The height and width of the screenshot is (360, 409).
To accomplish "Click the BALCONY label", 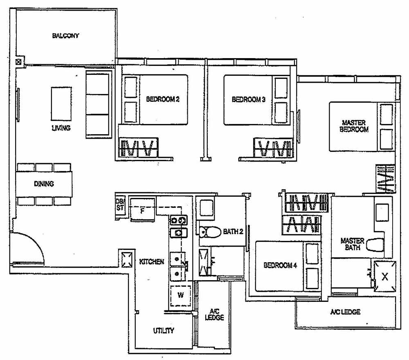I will pos(65,36).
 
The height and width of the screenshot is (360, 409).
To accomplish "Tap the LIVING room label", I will pos(61,128).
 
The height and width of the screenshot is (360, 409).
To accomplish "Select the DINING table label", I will pos(44,184).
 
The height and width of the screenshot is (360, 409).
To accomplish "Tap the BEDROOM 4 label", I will pos(280,265).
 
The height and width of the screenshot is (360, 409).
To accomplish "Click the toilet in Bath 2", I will pos(209,232).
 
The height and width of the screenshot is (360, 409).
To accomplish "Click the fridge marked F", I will pos(142,211).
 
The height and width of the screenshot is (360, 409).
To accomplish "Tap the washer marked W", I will pos(180,295).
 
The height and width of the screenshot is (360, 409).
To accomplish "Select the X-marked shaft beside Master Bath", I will pos(384,276).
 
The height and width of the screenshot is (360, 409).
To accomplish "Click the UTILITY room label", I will pos(164,331).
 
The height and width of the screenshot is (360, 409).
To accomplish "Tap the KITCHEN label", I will pos(152,261).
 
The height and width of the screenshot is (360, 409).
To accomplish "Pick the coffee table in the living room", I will pos(61,103).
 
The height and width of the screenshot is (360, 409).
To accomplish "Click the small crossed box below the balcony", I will pos(18,62).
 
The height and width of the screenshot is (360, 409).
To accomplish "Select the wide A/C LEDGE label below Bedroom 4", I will pos(346,312).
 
